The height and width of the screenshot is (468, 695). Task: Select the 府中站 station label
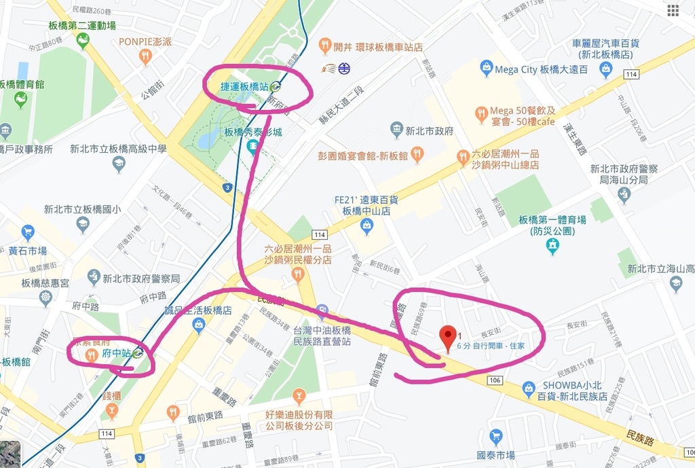pos(116,353)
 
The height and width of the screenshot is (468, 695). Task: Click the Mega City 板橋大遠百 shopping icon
pos(486,68)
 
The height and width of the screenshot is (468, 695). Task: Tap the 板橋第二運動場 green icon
pos(83,41)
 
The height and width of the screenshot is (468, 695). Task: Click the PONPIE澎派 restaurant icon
pos(145,56)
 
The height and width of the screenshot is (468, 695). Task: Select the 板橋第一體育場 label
pos(551,220)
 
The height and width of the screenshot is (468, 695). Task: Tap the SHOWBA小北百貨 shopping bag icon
pos(529,389)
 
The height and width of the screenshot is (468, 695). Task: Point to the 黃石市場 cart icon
pos(28,232)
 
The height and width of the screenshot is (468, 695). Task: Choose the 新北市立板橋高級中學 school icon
pos(119,164)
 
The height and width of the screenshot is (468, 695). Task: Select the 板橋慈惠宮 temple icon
pos(45,298)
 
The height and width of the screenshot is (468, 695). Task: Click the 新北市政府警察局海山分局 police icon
pos(624,195)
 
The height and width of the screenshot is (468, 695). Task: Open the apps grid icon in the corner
pos(673,10)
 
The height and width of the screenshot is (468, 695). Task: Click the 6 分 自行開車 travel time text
pos(491,346)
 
